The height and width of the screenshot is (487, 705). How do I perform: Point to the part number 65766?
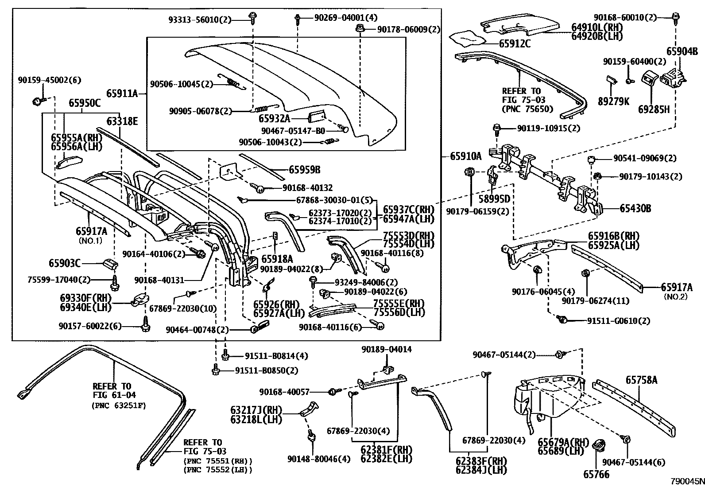596,474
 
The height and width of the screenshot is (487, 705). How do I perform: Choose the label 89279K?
613,101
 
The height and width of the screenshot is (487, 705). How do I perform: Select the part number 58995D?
494,198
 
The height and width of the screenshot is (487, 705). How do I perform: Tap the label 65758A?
641,380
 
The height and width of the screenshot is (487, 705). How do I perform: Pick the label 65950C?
84,103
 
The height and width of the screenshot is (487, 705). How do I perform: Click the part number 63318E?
122,121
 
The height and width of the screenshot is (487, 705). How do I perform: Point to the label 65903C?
65,264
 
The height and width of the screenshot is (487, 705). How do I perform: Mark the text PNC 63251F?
119,405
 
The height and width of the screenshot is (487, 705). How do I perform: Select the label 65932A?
275,118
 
